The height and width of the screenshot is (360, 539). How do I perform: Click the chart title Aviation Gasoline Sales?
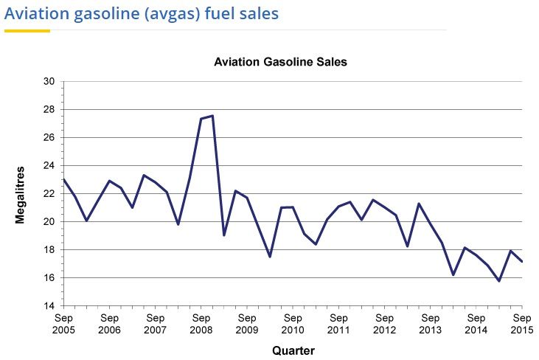(280, 63)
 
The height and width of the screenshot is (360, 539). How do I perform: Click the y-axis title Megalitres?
(21, 194)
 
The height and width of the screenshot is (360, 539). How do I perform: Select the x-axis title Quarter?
(293, 350)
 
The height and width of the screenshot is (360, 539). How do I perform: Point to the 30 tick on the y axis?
(51, 81)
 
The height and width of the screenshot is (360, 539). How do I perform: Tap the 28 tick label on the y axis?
(51, 109)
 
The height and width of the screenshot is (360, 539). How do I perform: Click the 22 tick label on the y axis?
(51, 193)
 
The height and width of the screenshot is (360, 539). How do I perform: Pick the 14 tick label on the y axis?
(51, 305)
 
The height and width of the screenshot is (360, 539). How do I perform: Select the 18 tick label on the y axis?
(51, 249)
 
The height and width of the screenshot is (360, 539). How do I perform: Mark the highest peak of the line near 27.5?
(212, 116)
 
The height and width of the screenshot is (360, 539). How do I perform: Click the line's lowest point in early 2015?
(498, 281)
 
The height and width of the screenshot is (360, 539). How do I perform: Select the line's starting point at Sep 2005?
(63, 179)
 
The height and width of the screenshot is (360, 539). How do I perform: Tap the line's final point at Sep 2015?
(521, 261)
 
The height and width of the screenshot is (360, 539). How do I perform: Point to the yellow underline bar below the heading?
(27, 30)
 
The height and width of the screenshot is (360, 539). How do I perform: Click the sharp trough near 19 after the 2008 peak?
(223, 235)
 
